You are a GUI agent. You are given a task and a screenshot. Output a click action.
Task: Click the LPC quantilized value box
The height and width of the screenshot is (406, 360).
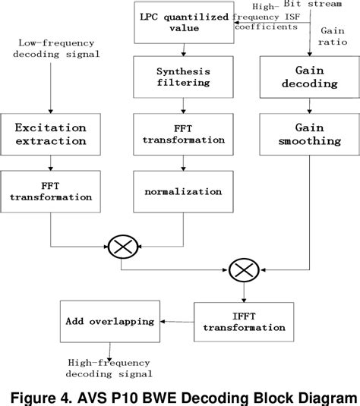coord(182,23)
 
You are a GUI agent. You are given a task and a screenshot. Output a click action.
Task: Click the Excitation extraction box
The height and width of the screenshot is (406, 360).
coord(50,133)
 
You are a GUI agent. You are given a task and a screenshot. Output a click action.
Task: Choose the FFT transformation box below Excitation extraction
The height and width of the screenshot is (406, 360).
coord(50,190)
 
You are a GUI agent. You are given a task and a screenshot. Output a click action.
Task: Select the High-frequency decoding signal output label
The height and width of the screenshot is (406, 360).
coord(110,368)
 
